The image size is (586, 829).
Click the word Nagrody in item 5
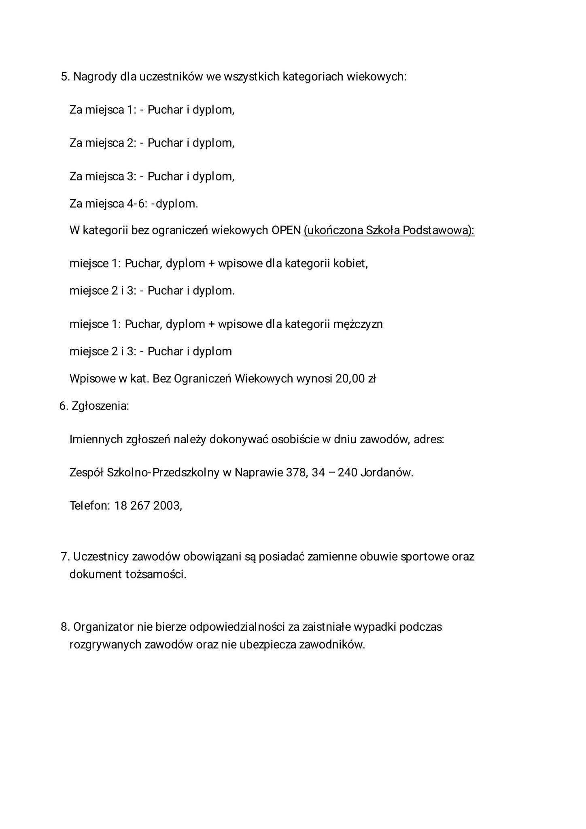point(95,77)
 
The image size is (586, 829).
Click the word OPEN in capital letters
point(286,230)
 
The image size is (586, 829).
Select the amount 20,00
point(350,379)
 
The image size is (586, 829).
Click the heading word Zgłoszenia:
point(100,406)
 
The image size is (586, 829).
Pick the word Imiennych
point(96,439)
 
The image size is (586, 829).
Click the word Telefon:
point(90,506)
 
